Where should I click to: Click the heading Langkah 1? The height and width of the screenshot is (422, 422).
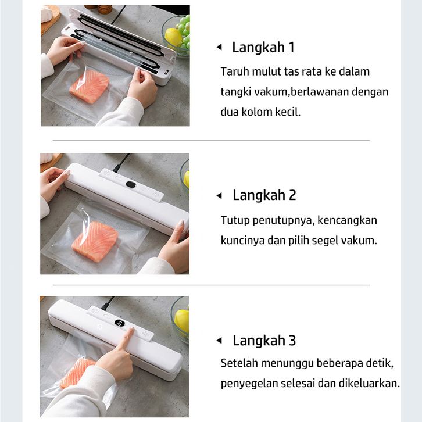coord(263,48)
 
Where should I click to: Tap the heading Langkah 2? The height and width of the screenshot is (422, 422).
coord(264,195)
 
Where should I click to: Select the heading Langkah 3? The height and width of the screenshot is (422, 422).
coord(264,341)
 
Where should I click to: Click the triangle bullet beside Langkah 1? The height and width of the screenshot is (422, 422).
coord(219,47)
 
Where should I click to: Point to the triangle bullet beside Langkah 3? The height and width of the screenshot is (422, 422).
coord(219,341)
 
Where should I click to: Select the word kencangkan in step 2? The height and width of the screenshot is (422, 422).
coord(347,220)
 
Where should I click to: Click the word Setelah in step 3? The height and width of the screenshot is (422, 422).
coord(239,363)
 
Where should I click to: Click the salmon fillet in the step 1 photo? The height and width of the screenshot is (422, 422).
coord(90,87)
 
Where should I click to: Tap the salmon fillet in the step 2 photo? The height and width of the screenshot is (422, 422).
coord(95,241)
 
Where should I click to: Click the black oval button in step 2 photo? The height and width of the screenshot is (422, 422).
coord(131,184)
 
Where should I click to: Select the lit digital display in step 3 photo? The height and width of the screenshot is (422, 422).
coord(120,323)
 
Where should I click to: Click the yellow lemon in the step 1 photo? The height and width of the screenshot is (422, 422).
coord(174,37)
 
